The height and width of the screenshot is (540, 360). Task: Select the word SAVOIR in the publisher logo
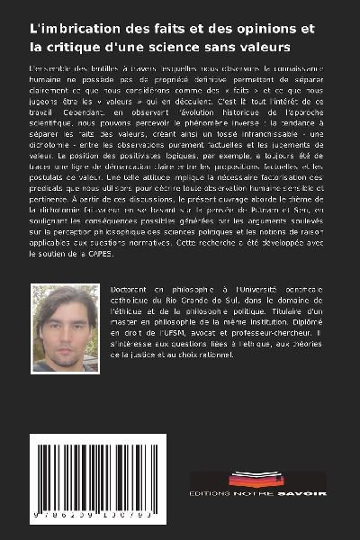click(305, 493)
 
